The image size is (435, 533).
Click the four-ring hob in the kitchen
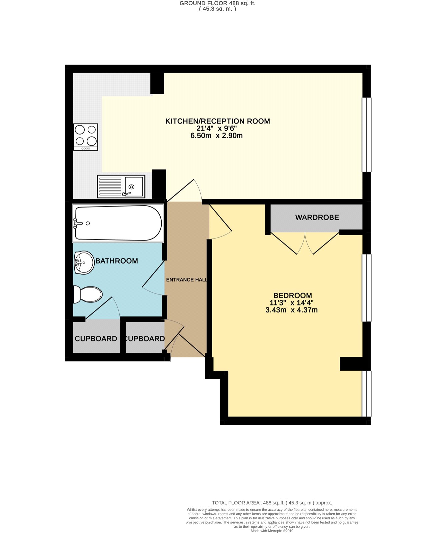(x=85, y=137)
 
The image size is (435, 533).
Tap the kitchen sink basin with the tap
(x=134, y=187)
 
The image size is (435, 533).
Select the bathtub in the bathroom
(x=118, y=223)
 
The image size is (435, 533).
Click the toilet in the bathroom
(x=88, y=294)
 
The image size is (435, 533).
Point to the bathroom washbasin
(x=84, y=262)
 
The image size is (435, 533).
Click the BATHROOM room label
(x=117, y=261)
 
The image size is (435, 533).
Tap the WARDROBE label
(x=317, y=217)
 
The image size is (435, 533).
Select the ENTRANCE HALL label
(x=187, y=280)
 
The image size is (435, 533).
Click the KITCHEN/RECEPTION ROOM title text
(x=217, y=121)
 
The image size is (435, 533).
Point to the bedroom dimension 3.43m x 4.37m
(x=291, y=310)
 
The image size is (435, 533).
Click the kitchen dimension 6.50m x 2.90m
(x=216, y=136)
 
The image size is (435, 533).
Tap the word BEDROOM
(x=293, y=295)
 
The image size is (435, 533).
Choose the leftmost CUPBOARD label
(x=96, y=339)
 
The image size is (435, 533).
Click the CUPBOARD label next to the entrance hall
(x=145, y=339)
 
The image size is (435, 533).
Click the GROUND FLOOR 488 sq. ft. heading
(x=217, y=3)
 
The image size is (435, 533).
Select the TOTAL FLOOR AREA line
(x=272, y=503)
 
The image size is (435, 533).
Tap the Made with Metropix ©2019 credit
(x=272, y=531)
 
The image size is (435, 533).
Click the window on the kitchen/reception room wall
(x=366, y=135)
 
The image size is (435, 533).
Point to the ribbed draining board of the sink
(x=110, y=187)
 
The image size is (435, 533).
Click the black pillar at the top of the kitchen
(x=157, y=83)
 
